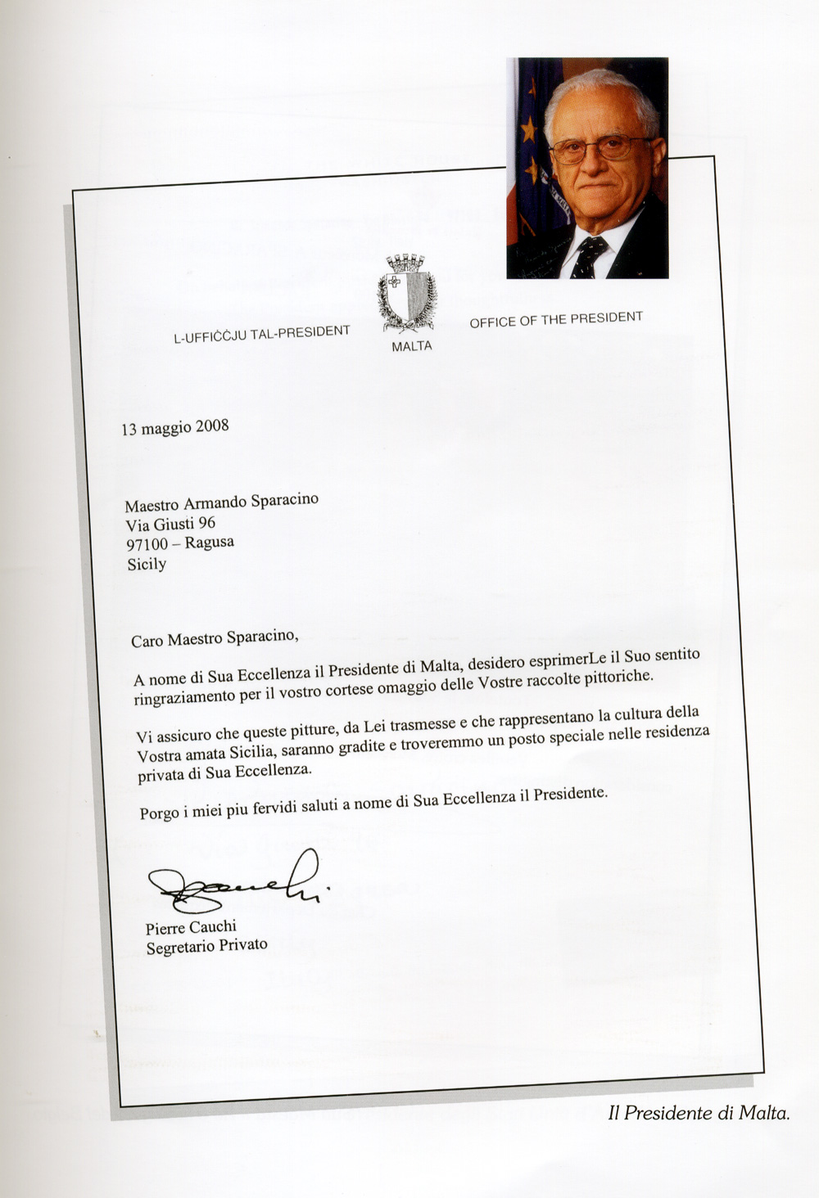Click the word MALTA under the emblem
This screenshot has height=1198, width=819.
pos(411,346)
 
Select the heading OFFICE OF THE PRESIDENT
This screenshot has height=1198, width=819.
pos(556,319)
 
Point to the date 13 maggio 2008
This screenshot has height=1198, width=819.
pos(174,427)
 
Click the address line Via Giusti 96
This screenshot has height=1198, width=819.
pos(170,524)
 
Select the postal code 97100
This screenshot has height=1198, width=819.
pos(147,544)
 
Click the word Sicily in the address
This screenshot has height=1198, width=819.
pos(147,564)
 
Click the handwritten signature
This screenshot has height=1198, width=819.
pos(238,884)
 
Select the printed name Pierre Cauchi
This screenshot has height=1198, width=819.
pos(191,927)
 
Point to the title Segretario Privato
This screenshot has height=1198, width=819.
pos(206,946)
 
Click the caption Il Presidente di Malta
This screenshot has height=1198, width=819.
pos(699,1113)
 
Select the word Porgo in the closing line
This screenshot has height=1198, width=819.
pos(158,813)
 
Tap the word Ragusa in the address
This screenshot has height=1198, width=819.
pos(209,543)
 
